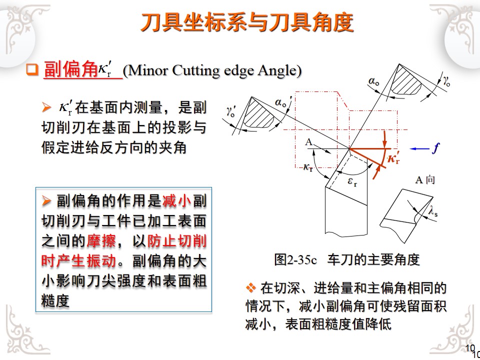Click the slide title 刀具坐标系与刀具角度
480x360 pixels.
pos(247,22)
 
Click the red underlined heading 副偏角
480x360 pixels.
pos(70,70)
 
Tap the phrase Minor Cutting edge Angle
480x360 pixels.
pos(212,70)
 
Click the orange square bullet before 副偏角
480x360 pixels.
pos(32,70)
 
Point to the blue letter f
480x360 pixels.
pos(435,148)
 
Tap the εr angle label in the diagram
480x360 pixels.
pos(352,181)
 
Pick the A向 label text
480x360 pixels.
pos(425,179)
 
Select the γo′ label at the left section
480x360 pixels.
pos(231,112)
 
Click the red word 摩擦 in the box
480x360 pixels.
pos(101,241)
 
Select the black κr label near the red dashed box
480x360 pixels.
pos(308,167)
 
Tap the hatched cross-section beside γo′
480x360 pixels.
pos(258,113)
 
